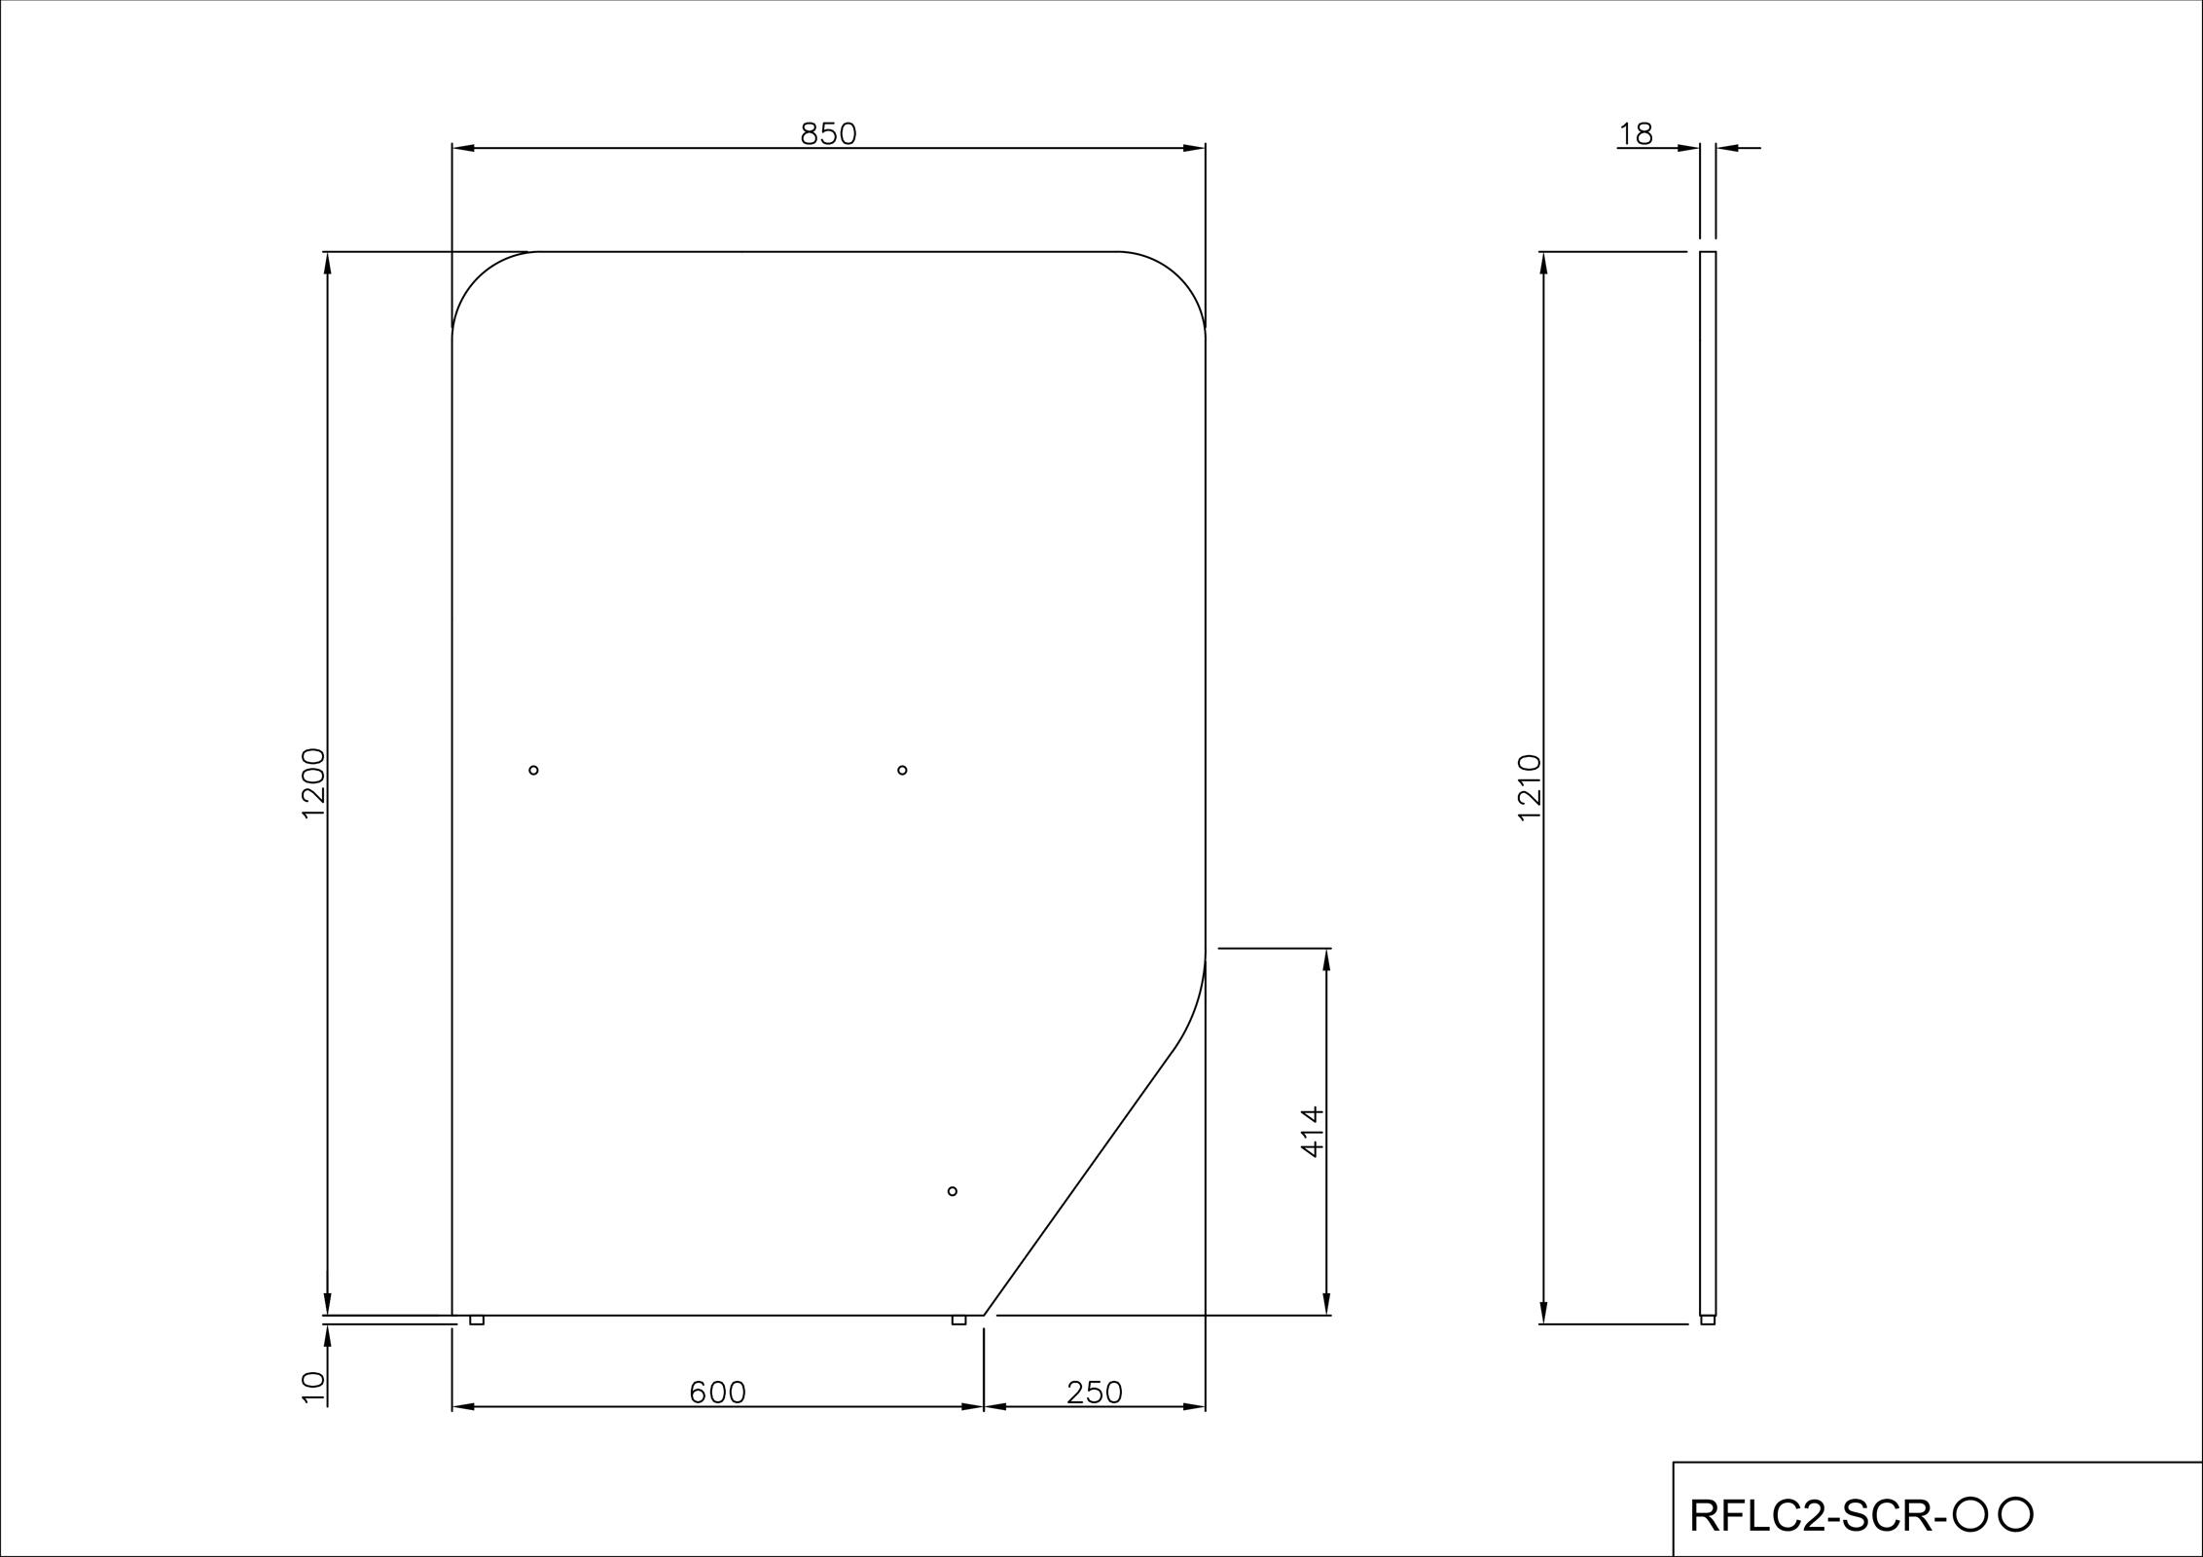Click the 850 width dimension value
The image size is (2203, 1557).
(828, 134)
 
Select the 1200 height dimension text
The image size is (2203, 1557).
(313, 783)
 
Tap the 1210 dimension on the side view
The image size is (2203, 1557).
(1530, 787)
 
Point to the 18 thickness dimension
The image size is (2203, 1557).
(1637, 134)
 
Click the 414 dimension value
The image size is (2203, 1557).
(1313, 1131)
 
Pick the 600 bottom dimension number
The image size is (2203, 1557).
(717, 1394)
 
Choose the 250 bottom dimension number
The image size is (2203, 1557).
(1095, 1394)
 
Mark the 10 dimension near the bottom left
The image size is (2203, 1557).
(313, 1387)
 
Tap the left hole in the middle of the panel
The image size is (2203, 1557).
(533, 770)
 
